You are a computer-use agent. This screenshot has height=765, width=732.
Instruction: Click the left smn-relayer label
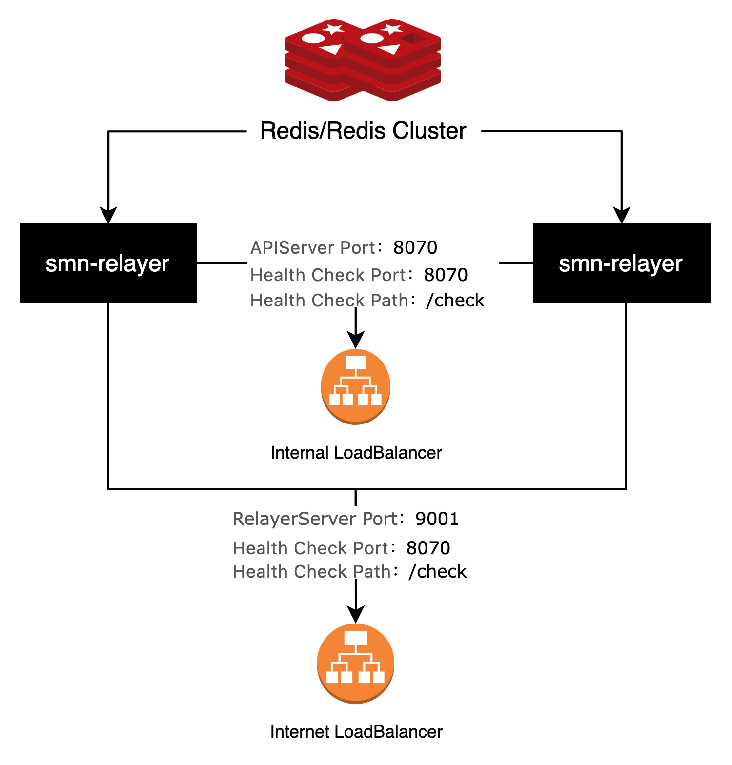click(107, 264)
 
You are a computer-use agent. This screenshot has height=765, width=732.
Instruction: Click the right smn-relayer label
click(620, 264)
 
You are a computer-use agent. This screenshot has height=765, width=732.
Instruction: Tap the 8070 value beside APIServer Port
click(415, 248)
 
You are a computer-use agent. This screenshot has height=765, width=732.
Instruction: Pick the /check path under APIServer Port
click(455, 300)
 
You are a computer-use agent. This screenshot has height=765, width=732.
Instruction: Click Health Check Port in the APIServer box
click(328, 275)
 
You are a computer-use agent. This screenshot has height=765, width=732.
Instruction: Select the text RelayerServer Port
click(315, 519)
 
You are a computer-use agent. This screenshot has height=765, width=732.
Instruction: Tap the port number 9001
click(437, 519)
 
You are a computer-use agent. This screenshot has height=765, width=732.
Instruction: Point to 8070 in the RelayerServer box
click(428, 548)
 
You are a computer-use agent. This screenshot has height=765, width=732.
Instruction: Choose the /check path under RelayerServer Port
click(438, 571)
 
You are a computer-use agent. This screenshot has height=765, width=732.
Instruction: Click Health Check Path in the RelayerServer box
click(311, 571)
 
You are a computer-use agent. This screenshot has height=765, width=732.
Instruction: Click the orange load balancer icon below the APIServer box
click(356, 386)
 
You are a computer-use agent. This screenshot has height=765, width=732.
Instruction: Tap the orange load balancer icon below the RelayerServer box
click(356, 663)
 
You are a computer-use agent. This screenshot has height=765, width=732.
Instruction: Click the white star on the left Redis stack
click(333, 29)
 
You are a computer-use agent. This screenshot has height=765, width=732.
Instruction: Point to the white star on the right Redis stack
click(392, 29)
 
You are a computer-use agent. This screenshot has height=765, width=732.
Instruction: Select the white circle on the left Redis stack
click(313, 38)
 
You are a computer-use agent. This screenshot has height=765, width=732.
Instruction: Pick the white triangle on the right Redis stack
click(390, 49)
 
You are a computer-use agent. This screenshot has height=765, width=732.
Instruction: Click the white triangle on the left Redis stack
click(332, 49)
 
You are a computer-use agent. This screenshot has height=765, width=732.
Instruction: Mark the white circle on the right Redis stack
click(372, 38)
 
